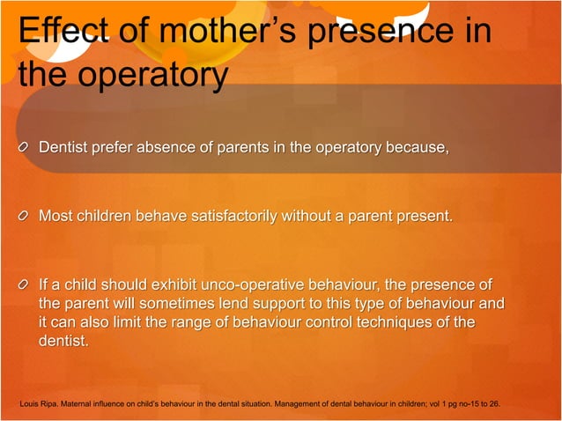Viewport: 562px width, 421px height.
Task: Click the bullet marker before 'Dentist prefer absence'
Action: [x=26, y=146]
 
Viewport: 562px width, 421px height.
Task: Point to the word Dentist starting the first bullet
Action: [x=65, y=146]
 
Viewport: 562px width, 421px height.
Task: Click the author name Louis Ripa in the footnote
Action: [x=40, y=404]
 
